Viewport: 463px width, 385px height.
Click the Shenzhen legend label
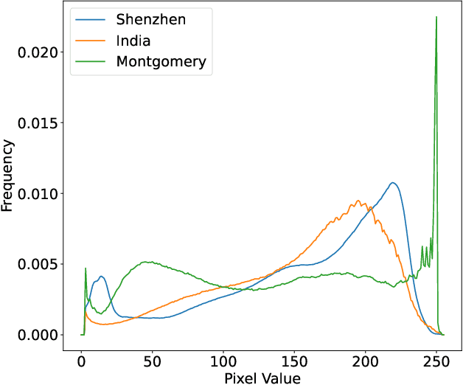click(151, 20)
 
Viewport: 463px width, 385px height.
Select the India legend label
click(133, 41)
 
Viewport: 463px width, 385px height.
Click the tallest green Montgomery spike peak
click(436, 17)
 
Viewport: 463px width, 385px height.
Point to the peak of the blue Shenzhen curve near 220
click(393, 183)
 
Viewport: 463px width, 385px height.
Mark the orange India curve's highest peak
click(358, 201)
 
